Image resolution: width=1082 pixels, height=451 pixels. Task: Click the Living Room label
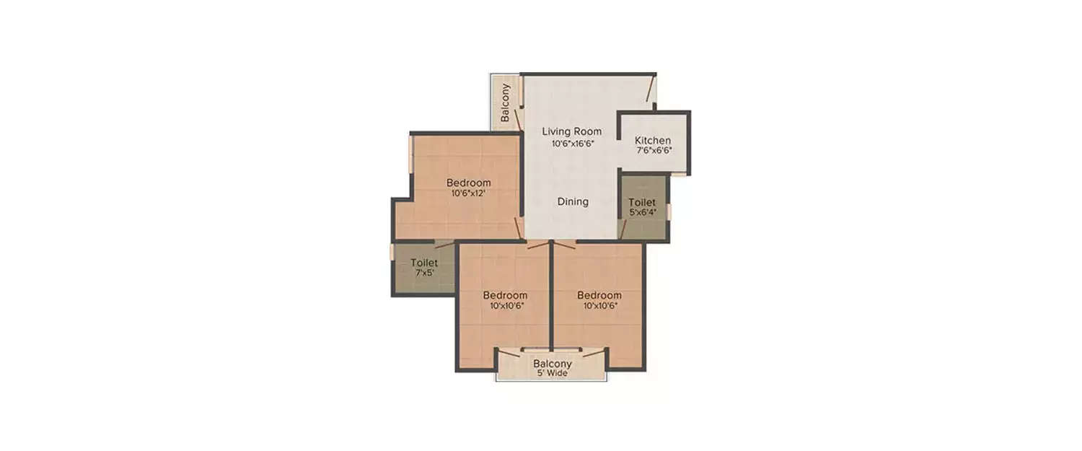point(571,131)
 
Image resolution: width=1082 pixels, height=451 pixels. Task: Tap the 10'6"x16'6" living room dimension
point(572,144)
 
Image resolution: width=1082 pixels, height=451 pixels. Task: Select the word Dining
point(573,202)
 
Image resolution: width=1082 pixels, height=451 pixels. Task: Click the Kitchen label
point(653,141)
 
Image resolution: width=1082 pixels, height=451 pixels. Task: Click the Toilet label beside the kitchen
point(641,202)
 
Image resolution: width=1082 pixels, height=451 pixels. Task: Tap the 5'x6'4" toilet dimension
point(642,213)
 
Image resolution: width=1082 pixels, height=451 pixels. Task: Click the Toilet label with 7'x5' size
point(424,263)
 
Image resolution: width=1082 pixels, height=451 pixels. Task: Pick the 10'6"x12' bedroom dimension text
point(468,193)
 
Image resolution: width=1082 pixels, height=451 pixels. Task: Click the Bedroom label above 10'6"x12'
point(468,183)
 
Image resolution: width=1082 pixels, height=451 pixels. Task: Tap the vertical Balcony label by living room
point(506,102)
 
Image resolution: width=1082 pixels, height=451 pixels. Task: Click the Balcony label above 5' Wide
point(553,364)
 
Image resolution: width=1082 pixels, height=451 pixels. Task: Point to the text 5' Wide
point(553,374)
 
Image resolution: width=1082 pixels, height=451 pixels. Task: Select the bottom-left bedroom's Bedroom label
point(505,295)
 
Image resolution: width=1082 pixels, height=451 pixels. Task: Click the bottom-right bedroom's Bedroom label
point(599,295)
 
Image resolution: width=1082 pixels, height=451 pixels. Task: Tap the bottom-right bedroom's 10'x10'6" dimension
point(599,306)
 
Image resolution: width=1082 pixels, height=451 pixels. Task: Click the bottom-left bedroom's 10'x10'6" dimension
point(505,306)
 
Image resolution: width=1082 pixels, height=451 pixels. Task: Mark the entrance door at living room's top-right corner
point(651,91)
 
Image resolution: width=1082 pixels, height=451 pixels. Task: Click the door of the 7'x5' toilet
point(444,245)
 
